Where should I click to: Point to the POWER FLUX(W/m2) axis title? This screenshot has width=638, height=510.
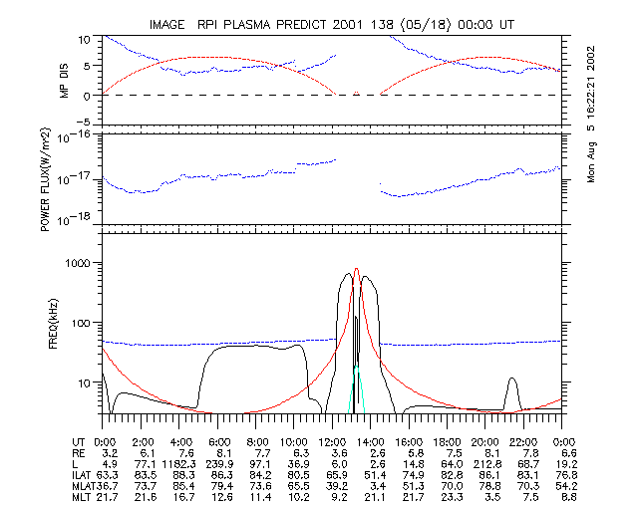point(47,179)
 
